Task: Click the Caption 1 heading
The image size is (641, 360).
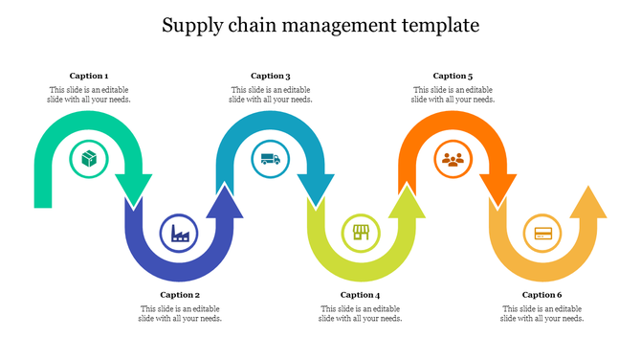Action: (x=89, y=76)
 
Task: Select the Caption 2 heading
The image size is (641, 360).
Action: (x=180, y=295)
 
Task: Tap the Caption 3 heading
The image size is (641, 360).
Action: (x=271, y=76)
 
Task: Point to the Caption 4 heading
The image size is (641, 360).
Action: (x=361, y=295)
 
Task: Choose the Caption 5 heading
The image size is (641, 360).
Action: (x=453, y=76)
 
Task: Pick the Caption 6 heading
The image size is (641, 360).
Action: (x=542, y=295)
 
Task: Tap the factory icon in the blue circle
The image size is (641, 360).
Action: (x=179, y=232)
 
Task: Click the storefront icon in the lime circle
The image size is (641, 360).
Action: (x=361, y=232)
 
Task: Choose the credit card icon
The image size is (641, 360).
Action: (x=542, y=233)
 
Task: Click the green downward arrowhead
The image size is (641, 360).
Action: (x=134, y=188)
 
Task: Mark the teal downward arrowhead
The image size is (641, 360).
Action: (x=316, y=188)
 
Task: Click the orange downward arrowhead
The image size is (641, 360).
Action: (x=497, y=188)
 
